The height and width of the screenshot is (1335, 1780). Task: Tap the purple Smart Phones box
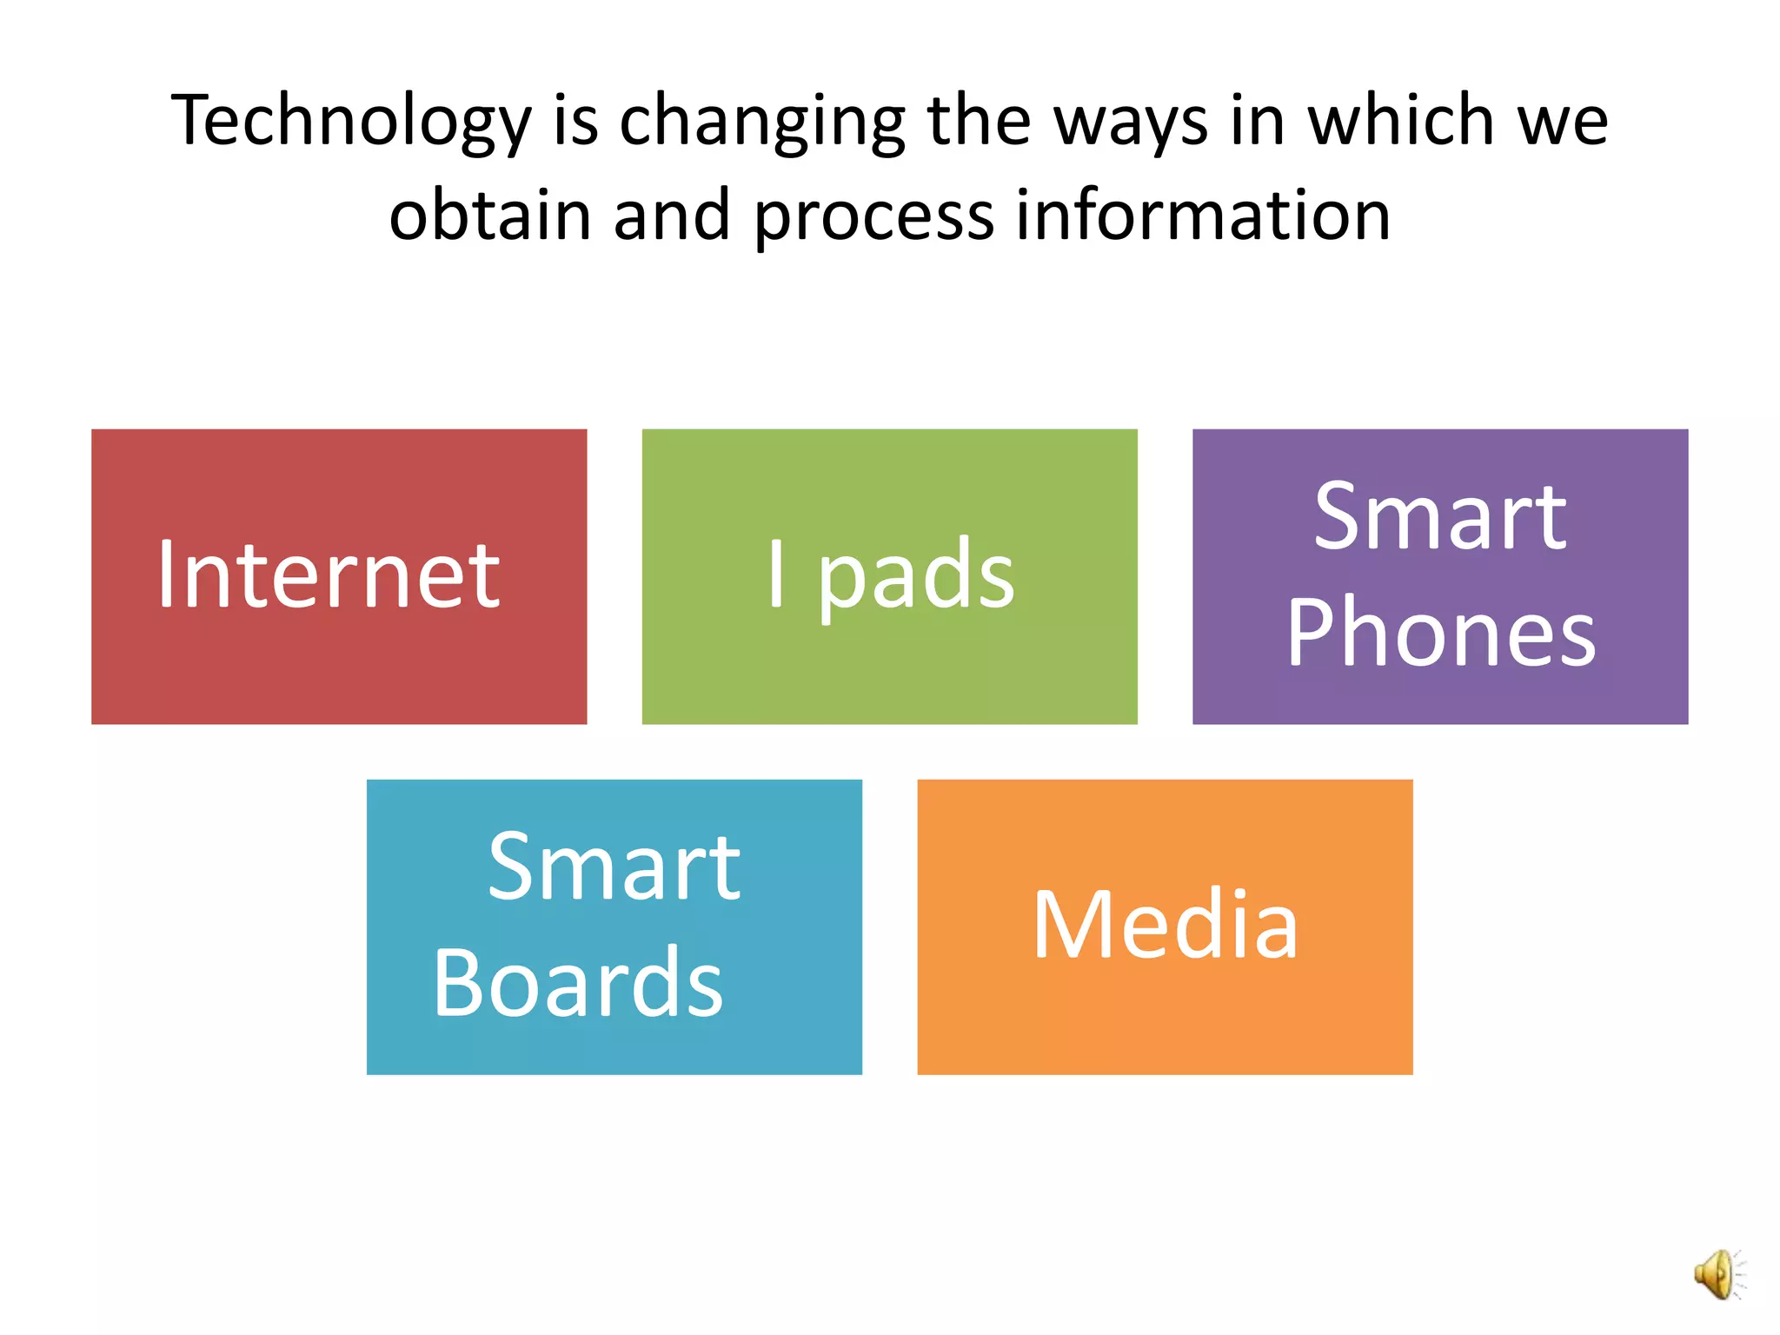(x=1440, y=576)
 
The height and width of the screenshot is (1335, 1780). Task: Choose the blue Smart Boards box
(x=614, y=927)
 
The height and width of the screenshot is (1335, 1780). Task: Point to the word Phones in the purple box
(x=1441, y=634)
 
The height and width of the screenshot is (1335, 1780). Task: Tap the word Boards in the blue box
(x=578, y=983)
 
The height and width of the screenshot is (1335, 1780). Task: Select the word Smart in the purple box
(x=1440, y=518)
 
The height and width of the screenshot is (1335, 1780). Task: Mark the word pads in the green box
(x=916, y=575)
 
